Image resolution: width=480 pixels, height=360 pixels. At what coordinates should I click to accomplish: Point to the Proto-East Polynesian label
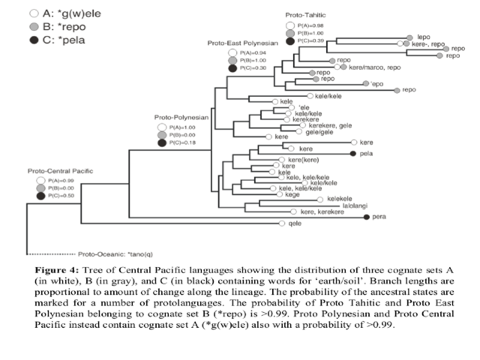coord(243,43)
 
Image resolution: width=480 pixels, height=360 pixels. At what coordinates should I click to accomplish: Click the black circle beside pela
coord(352,153)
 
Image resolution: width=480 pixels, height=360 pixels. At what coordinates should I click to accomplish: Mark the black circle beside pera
coord(367,217)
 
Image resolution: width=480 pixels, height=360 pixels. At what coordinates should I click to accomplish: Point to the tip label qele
coord(295,223)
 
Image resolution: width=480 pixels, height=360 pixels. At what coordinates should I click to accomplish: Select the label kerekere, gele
coord(328,125)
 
